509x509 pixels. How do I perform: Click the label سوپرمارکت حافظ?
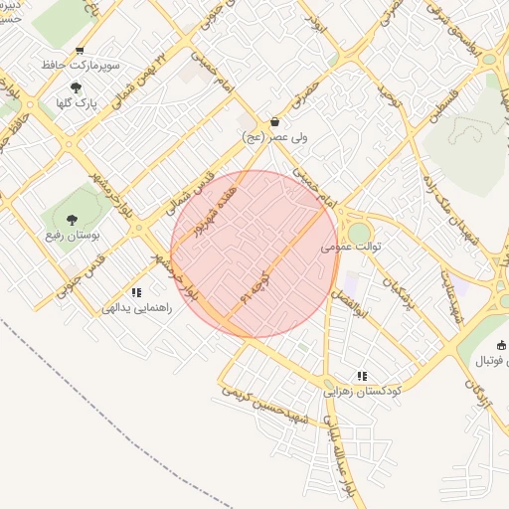(81, 65)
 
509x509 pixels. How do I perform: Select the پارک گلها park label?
(75, 101)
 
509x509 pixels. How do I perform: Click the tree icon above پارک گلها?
(76, 87)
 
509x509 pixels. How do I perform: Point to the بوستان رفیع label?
(68, 235)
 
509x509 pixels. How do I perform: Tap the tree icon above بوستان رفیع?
(70, 220)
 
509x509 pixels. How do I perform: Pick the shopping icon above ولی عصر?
(275, 121)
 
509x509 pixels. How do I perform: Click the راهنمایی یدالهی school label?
(137, 307)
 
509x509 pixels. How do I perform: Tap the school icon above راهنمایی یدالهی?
(137, 292)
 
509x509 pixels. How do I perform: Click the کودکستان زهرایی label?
(363, 391)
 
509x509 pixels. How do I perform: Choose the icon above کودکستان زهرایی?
(363, 376)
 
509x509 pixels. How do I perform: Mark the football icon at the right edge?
(501, 346)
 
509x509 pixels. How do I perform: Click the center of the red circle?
(255, 254)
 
